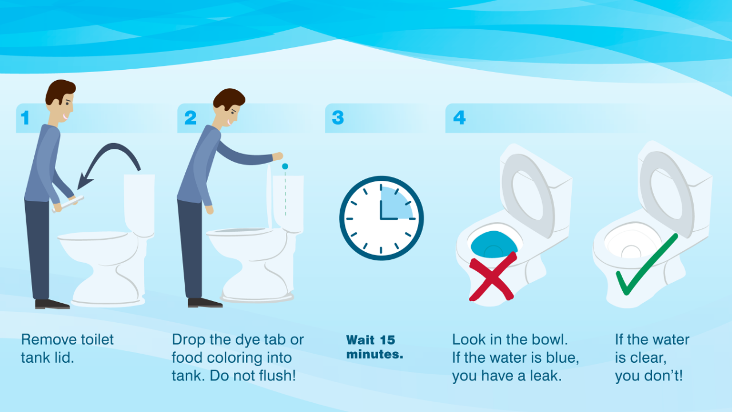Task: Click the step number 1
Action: (x=25, y=118)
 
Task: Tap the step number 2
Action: (x=190, y=118)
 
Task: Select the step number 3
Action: (x=338, y=118)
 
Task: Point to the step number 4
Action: (x=459, y=118)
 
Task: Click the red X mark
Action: (x=492, y=276)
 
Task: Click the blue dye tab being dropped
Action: (x=285, y=167)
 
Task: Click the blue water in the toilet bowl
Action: (x=494, y=244)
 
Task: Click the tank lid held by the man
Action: (x=67, y=204)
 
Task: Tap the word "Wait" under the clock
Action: (x=360, y=340)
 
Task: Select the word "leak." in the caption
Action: (x=546, y=375)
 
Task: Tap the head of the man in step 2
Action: (x=229, y=107)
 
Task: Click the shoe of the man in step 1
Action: (x=52, y=304)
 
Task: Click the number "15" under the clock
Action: (x=387, y=340)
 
